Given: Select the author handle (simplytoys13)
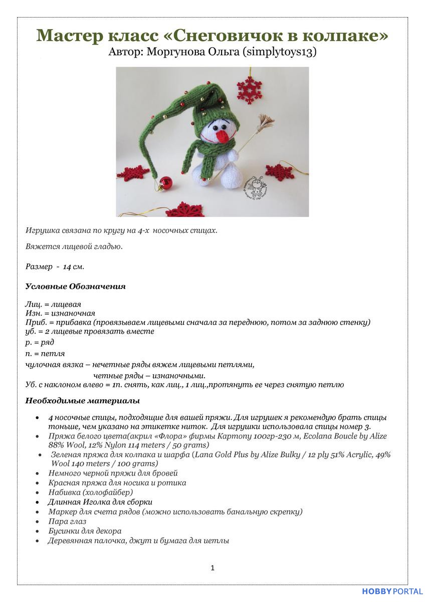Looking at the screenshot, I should [x=280, y=52].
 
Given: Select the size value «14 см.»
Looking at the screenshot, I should [x=73, y=266].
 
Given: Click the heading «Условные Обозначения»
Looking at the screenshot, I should [x=75, y=286].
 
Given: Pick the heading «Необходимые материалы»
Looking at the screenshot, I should [x=82, y=401].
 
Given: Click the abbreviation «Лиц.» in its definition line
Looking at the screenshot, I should [x=33, y=305].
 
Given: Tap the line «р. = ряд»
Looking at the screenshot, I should [x=40, y=342].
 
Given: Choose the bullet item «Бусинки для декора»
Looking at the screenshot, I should [x=85, y=531].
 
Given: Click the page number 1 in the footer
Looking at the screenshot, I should [x=212, y=568].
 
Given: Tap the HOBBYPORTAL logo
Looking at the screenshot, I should [x=392, y=591].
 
